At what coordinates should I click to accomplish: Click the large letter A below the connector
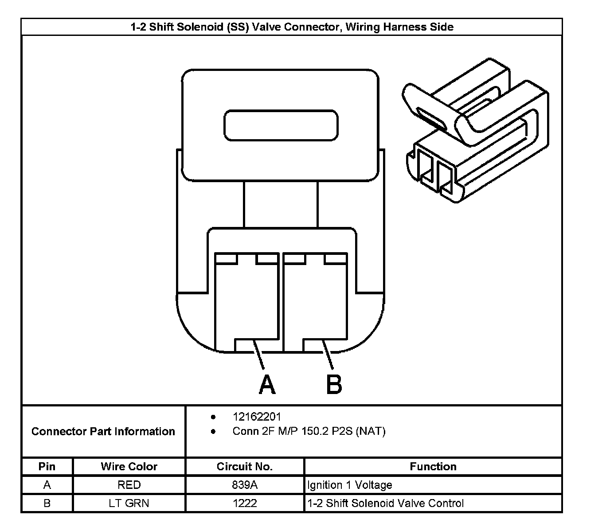tap(267, 384)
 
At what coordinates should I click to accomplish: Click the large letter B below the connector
tap(334, 384)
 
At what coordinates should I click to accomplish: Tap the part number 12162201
tap(257, 417)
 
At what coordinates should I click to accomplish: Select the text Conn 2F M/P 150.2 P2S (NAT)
tap(309, 431)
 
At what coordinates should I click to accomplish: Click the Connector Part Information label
tap(103, 431)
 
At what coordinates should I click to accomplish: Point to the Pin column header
tap(47, 466)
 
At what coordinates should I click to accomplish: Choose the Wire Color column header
tap(129, 466)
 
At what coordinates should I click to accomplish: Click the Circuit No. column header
tap(245, 466)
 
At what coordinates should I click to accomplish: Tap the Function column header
tap(433, 466)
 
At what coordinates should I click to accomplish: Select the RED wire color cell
tap(129, 485)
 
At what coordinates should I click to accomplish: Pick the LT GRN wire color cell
tap(129, 503)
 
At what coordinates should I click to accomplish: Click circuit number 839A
tap(245, 485)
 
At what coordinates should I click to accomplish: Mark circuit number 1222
tap(245, 503)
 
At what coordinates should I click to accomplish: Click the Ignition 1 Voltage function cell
tap(350, 485)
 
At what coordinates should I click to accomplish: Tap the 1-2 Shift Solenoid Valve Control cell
tap(385, 503)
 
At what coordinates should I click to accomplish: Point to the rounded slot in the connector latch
tap(281, 125)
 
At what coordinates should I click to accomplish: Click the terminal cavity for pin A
tap(246, 301)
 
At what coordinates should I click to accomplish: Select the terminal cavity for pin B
tap(315, 301)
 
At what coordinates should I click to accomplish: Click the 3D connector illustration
tap(477, 133)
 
